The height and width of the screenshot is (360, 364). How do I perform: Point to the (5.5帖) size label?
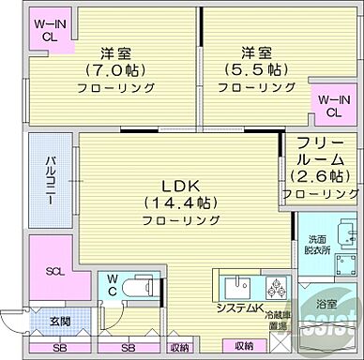coord(249,68)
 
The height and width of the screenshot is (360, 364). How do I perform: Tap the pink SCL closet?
coord(53,271)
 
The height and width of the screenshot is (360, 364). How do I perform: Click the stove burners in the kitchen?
coord(277,288)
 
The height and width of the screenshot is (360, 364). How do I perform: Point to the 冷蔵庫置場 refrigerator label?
coord(280,320)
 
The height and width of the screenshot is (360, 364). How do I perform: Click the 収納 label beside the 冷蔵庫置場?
coord(244,346)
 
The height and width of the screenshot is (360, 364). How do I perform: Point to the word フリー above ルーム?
coord(320,143)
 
